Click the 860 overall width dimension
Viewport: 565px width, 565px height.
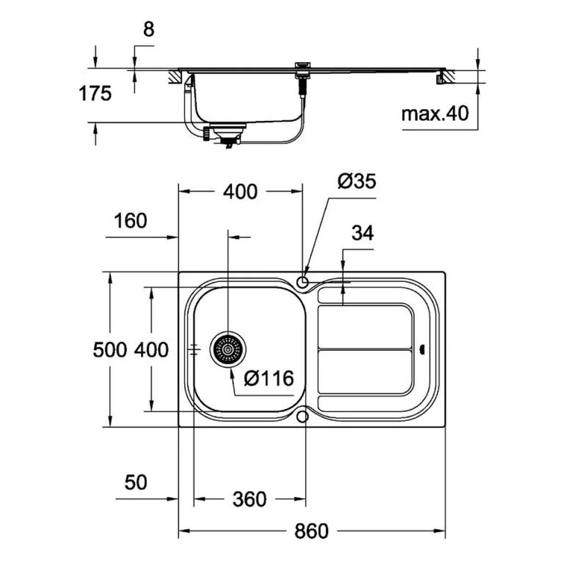(x=311, y=531)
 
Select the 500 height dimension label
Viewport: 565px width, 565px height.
(x=110, y=350)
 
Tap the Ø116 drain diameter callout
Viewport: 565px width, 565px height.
(x=269, y=379)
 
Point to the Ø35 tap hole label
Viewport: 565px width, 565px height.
(x=357, y=181)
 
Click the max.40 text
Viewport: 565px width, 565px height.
(x=435, y=114)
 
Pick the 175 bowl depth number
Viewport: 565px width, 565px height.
(x=95, y=94)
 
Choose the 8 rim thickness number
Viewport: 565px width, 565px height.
(x=149, y=29)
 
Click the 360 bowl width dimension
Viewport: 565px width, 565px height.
(x=249, y=499)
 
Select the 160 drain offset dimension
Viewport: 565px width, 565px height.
(x=131, y=220)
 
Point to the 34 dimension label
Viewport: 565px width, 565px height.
(x=363, y=233)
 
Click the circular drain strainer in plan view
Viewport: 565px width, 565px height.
(x=228, y=350)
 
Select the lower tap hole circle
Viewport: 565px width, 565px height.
(x=303, y=416)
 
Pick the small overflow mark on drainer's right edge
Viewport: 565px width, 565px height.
(x=422, y=349)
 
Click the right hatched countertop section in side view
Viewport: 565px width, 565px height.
(x=447, y=76)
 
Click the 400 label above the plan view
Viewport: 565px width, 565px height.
(x=240, y=192)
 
